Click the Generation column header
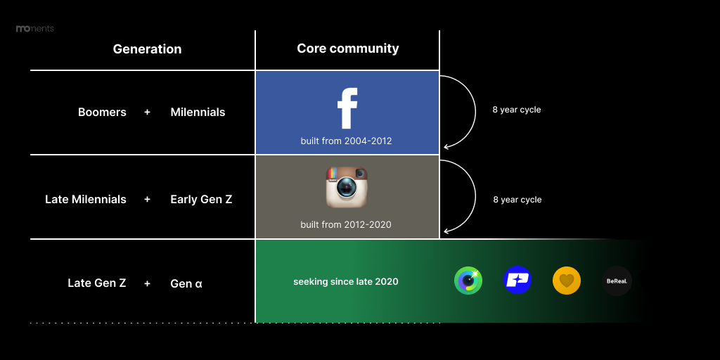coord(147,49)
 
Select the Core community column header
coord(347,49)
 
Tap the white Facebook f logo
coord(347,108)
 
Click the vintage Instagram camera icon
coord(347,187)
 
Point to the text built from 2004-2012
coord(346,141)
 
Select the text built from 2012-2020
coord(346,224)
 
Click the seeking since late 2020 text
coord(346,281)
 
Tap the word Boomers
coord(102,112)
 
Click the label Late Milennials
coord(85,199)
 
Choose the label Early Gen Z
coord(201,199)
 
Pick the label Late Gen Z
coord(96,283)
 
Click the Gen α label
coord(186,284)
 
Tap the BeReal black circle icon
coord(617,281)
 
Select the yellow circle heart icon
coord(567,280)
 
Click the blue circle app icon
coord(517,280)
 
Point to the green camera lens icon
coord(468,281)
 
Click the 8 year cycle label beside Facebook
coord(517,110)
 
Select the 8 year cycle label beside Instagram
coord(517,200)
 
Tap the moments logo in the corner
coord(35,28)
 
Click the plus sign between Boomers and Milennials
coord(147,112)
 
